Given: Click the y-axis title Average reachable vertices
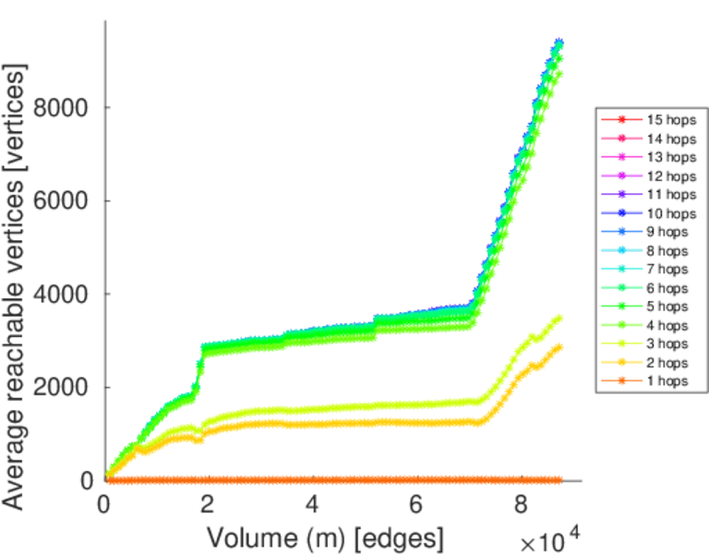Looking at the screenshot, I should (x=16, y=286).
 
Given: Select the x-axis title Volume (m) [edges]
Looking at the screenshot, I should (x=325, y=536).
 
